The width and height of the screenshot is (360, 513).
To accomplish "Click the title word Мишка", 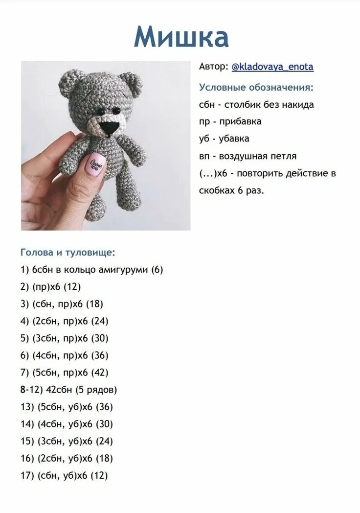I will coord(181,37).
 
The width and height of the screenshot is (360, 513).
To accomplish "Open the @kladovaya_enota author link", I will coord(272,67).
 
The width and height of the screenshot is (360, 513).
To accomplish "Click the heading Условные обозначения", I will coord(256,88).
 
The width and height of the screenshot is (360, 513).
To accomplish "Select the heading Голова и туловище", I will coord(68,253).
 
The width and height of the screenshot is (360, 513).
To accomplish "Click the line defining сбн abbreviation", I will coord(256,105).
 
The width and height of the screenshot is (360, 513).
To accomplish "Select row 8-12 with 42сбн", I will coord(69,390).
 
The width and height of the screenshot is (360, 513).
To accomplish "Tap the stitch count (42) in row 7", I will coord(99,373).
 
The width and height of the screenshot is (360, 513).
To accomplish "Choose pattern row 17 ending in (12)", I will coord(64,476).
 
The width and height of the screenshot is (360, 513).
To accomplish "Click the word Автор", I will coord(213,67).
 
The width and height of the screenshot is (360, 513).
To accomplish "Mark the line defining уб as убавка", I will coord(224,139).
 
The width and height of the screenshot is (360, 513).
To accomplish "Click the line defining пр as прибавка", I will coord(230,121).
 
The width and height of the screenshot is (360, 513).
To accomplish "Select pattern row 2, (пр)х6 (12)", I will coord(51,287).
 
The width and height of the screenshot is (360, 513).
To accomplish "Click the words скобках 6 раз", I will coord(231,190).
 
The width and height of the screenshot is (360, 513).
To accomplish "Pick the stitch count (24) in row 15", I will coord(104,442).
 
